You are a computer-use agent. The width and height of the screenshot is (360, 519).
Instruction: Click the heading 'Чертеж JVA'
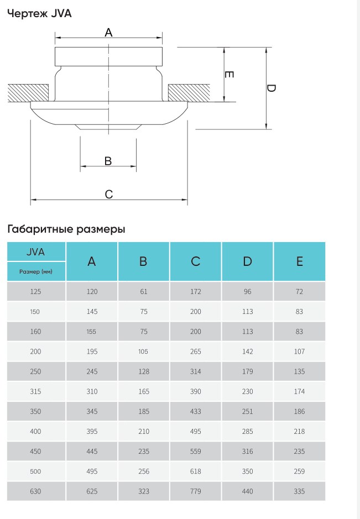click(x=39, y=14)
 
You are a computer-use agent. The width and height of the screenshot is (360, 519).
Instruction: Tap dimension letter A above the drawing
click(x=108, y=33)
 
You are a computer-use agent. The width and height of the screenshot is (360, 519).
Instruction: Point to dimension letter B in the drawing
click(x=108, y=161)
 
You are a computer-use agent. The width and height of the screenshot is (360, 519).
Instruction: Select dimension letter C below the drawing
click(x=108, y=194)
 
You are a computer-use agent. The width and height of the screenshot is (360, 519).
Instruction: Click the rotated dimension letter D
click(x=270, y=88)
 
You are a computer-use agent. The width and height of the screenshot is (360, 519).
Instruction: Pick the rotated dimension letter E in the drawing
click(x=229, y=74)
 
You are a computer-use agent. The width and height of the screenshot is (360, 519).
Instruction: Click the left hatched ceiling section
click(x=28, y=93)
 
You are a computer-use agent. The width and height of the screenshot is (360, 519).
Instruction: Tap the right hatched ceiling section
click(x=189, y=93)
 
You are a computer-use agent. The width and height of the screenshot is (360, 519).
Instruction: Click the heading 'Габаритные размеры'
click(x=66, y=229)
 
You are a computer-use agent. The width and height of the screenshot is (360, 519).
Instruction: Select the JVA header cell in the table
click(x=36, y=252)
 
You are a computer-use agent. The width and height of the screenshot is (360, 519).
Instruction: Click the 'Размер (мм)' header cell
click(x=36, y=272)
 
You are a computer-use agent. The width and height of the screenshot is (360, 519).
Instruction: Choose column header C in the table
click(x=195, y=261)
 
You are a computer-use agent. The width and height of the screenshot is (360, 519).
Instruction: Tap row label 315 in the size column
click(x=35, y=391)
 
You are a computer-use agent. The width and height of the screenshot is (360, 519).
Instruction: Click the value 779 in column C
click(x=195, y=491)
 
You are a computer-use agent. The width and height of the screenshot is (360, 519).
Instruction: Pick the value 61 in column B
click(x=143, y=292)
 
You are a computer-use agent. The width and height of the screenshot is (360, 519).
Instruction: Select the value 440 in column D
click(x=247, y=491)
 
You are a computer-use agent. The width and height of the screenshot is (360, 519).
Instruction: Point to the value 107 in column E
click(x=299, y=352)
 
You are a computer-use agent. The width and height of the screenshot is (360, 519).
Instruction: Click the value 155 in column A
click(x=91, y=332)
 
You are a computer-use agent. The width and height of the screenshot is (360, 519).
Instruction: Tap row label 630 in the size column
click(x=35, y=491)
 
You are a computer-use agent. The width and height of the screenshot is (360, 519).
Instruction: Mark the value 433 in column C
click(x=195, y=411)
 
